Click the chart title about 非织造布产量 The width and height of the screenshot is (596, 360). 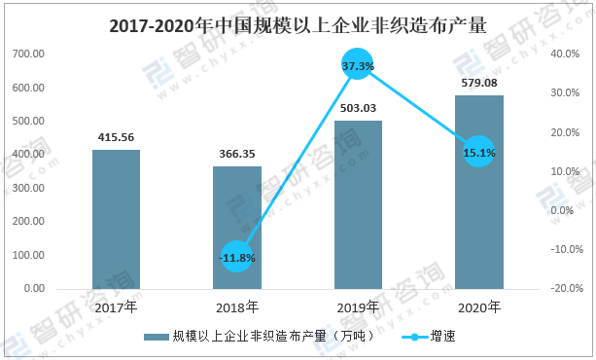298,26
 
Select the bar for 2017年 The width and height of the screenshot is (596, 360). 117,219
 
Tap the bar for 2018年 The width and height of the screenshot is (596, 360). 237,228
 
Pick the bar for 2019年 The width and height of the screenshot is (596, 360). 358,204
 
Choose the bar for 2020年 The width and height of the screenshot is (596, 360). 479,193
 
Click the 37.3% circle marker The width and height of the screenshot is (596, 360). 357,64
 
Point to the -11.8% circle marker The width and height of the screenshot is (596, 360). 237,257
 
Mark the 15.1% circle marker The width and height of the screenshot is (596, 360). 479,152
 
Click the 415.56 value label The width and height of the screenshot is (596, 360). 116,137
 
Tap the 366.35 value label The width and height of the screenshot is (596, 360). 237,154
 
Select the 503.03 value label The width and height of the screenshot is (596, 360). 358,108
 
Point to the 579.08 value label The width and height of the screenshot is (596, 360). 479,83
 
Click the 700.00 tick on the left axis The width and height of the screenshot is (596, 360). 28,54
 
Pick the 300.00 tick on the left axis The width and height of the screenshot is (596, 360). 28,188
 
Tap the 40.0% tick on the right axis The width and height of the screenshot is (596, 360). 565,54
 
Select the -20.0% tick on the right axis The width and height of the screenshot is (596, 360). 567,288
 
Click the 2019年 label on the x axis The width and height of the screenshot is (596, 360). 358,307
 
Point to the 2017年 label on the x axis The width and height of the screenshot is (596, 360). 116,307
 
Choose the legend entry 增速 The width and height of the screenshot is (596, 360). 429,337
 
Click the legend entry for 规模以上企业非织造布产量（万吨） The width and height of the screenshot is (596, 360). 259,337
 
